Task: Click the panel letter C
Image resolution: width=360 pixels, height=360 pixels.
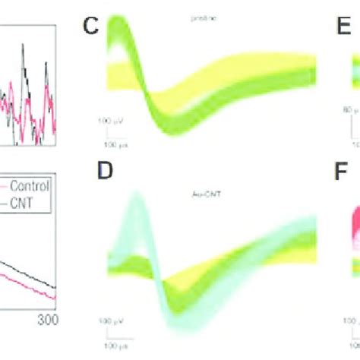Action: click(91, 29)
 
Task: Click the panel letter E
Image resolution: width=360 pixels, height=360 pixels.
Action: click(332, 29)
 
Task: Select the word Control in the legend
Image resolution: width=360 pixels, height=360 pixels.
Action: click(33, 186)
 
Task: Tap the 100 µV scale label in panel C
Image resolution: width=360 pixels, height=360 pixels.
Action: click(109, 120)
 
